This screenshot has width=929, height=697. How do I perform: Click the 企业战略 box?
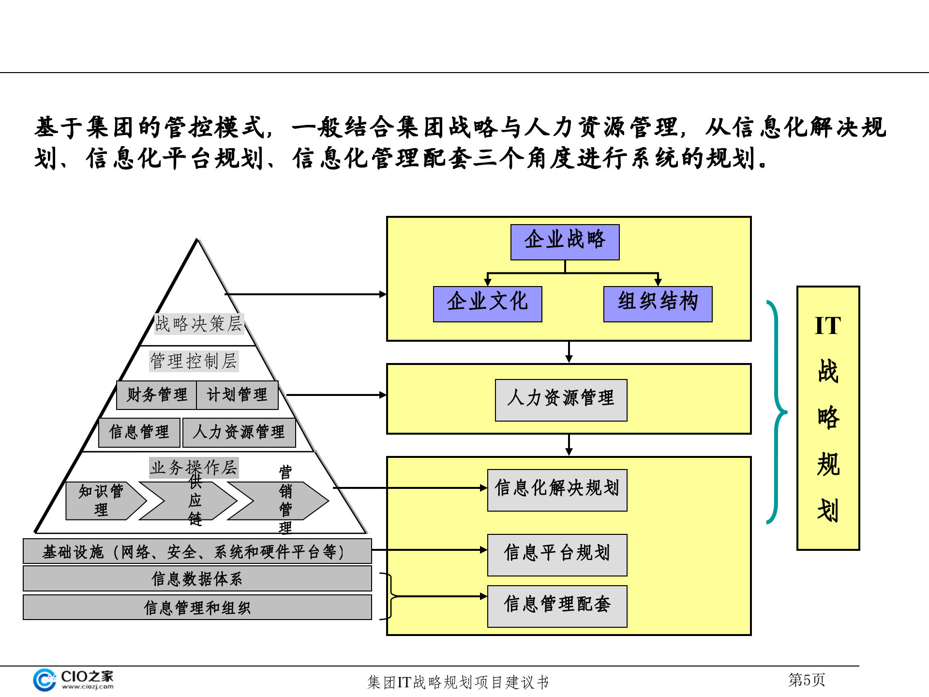tap(565, 242)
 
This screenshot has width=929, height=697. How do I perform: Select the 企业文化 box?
tap(487, 304)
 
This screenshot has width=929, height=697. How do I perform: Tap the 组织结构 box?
tap(658, 304)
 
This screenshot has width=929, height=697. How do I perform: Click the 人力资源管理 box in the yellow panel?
tap(561, 400)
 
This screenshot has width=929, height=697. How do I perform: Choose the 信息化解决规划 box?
tap(557, 490)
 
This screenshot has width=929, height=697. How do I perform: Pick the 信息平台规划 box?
tap(557, 555)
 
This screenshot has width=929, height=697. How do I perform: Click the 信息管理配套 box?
tap(557, 606)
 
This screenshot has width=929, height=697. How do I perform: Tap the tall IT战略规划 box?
tap(828, 418)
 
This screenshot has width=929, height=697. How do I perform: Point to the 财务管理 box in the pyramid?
tap(156, 395)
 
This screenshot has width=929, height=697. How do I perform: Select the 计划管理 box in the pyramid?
tap(237, 395)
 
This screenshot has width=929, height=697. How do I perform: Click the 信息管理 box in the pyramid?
tap(139, 432)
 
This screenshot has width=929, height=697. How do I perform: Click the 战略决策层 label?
tap(199, 324)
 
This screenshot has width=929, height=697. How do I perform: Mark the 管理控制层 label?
tap(194, 361)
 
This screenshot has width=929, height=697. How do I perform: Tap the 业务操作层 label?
tap(194, 468)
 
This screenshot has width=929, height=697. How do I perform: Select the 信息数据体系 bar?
tap(197, 579)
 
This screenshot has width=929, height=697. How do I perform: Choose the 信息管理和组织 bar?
tap(197, 607)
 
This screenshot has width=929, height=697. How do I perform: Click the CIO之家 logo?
tap(73, 680)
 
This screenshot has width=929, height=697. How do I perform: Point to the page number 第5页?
tap(806, 680)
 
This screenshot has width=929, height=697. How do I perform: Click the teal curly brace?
tap(777, 412)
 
